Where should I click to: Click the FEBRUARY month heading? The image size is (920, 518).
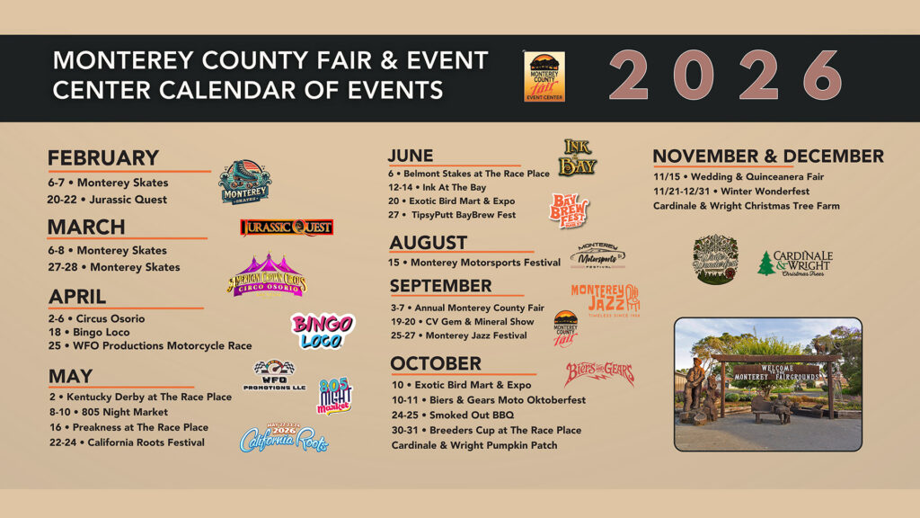pyautogui.click(x=103, y=158)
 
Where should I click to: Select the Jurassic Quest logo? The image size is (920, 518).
pyautogui.click(x=287, y=228)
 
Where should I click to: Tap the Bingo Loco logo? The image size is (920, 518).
pyautogui.click(x=322, y=331)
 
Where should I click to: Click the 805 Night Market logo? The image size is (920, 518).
pyautogui.click(x=334, y=396)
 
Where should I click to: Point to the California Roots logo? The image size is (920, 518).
pyautogui.click(x=284, y=437)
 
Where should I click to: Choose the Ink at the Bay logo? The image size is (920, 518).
pyautogui.click(x=577, y=157)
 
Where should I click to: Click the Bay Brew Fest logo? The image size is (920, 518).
pyautogui.click(x=569, y=210)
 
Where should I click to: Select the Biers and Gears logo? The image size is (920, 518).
pyautogui.click(x=599, y=373)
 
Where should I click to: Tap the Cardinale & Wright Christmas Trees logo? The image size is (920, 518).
pyautogui.click(x=795, y=263)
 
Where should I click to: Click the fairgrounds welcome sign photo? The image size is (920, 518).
pyautogui.click(x=767, y=383)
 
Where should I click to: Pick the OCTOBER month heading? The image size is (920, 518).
pyautogui.click(x=436, y=363)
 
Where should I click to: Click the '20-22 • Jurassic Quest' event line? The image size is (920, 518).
pyautogui.click(x=108, y=199)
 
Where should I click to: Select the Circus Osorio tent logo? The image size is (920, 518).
pyautogui.click(x=267, y=275)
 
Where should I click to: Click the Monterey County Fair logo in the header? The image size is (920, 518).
pyautogui.click(x=544, y=76)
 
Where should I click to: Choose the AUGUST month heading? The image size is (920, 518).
pyautogui.click(x=429, y=243)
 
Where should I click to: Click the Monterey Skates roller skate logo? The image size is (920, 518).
pyautogui.click(x=244, y=182)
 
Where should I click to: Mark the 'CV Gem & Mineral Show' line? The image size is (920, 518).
pyautogui.click(x=463, y=321)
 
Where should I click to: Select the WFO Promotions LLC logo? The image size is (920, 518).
pyautogui.click(x=274, y=375)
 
